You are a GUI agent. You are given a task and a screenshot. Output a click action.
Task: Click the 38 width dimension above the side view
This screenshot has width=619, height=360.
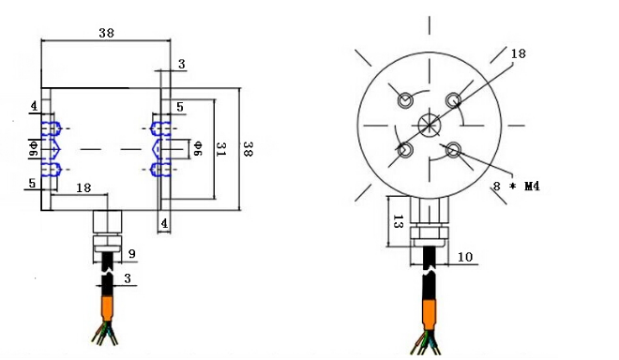coord(107,33)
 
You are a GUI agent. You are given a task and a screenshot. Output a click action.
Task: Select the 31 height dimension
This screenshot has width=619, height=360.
coord(220,149)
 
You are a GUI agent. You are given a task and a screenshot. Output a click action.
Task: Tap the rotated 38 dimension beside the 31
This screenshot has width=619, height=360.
coord(247,149)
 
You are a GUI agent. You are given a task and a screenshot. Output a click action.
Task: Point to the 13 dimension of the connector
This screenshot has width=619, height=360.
coord(398,222)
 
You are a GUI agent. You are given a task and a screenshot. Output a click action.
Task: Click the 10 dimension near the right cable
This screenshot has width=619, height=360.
coord(465,258)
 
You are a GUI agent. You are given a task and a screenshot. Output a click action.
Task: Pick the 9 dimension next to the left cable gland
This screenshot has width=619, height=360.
coord(132,254)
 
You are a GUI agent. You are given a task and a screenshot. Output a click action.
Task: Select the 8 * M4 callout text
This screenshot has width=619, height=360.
coord(517,186)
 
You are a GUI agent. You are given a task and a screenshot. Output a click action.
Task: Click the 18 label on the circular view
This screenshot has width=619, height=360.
coord(519,53)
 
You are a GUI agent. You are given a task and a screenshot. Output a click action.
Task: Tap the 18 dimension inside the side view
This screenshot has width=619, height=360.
coord(83,187)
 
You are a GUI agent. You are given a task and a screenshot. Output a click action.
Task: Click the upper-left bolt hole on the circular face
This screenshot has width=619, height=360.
coord(405,100)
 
